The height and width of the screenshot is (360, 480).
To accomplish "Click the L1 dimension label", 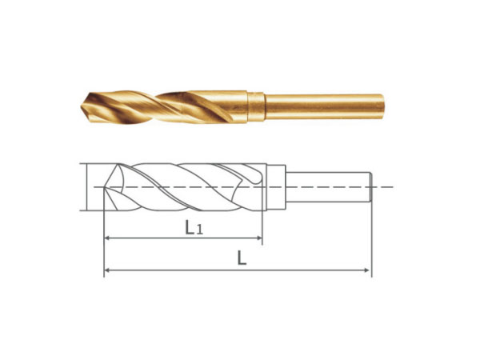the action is [194, 227].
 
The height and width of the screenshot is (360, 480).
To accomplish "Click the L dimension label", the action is [242, 258].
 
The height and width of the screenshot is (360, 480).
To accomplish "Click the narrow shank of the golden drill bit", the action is [324, 107].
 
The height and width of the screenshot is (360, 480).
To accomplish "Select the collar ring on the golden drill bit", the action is [256, 107].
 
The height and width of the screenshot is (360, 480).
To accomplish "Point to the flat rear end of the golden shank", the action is [382, 107].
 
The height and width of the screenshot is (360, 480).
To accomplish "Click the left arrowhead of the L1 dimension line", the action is [107, 238].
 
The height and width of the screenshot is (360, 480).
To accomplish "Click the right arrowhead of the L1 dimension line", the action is [259, 238].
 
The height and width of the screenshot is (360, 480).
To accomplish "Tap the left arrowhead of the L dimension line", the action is [107, 270].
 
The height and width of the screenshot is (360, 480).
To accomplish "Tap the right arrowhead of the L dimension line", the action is [366, 270].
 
